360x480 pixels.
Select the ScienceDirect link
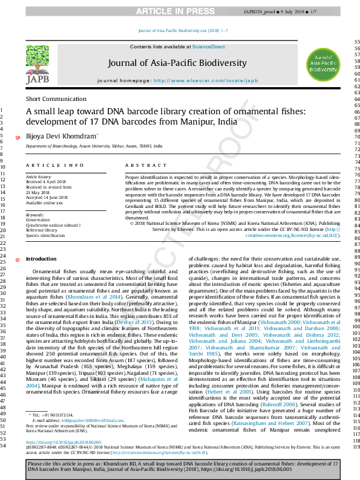pos(209,47)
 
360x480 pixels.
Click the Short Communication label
pos(56,99)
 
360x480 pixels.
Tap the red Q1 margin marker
pos(18,259)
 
